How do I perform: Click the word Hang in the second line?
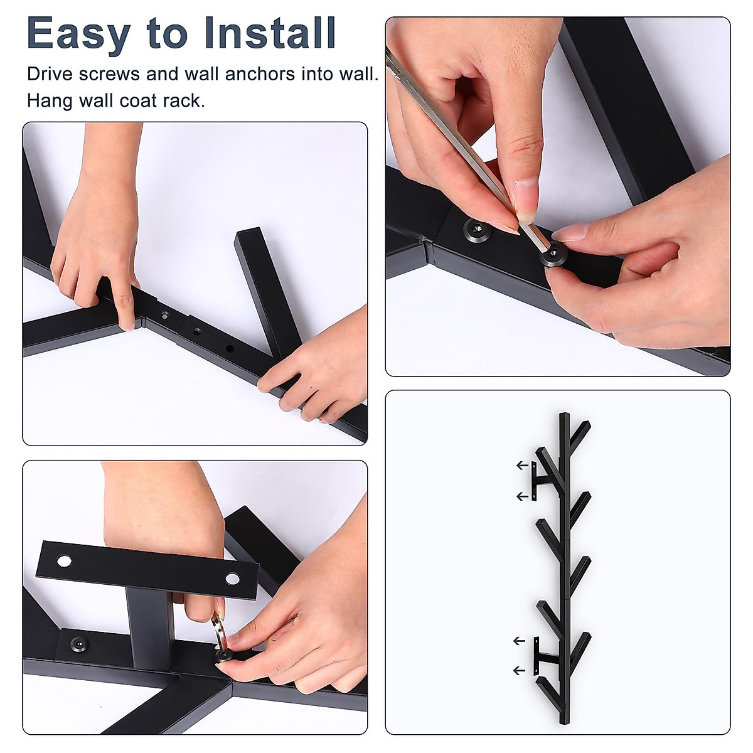50,100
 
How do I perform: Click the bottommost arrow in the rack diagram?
520,671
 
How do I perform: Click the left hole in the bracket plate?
64,561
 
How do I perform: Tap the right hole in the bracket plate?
233,579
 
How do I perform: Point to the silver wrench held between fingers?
218,633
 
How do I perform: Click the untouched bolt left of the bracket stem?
79,643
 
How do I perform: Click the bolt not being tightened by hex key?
475,229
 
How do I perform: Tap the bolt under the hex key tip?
555,255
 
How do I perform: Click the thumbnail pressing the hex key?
525,195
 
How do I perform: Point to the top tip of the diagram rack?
564,414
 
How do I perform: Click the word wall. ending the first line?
360,74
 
